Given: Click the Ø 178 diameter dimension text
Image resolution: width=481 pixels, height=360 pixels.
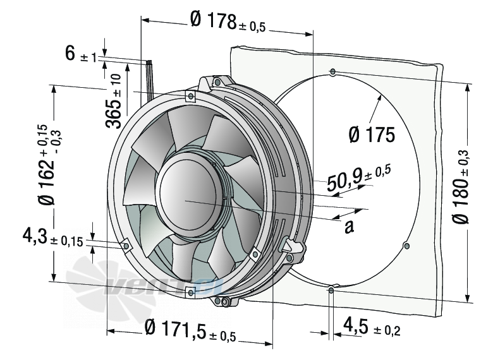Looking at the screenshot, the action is (228, 21).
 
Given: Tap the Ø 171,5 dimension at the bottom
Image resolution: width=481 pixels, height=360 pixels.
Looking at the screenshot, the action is (190, 330).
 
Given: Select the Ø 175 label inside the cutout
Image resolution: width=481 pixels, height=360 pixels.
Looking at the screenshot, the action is (372, 135).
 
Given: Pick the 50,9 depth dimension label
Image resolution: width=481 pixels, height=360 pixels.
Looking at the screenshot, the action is (359, 179).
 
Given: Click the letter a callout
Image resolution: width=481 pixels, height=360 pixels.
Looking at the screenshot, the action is (349, 227).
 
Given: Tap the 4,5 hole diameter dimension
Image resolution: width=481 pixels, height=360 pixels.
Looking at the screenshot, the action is (372, 327).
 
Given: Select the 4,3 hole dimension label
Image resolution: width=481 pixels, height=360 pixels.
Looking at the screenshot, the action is (52, 237).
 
